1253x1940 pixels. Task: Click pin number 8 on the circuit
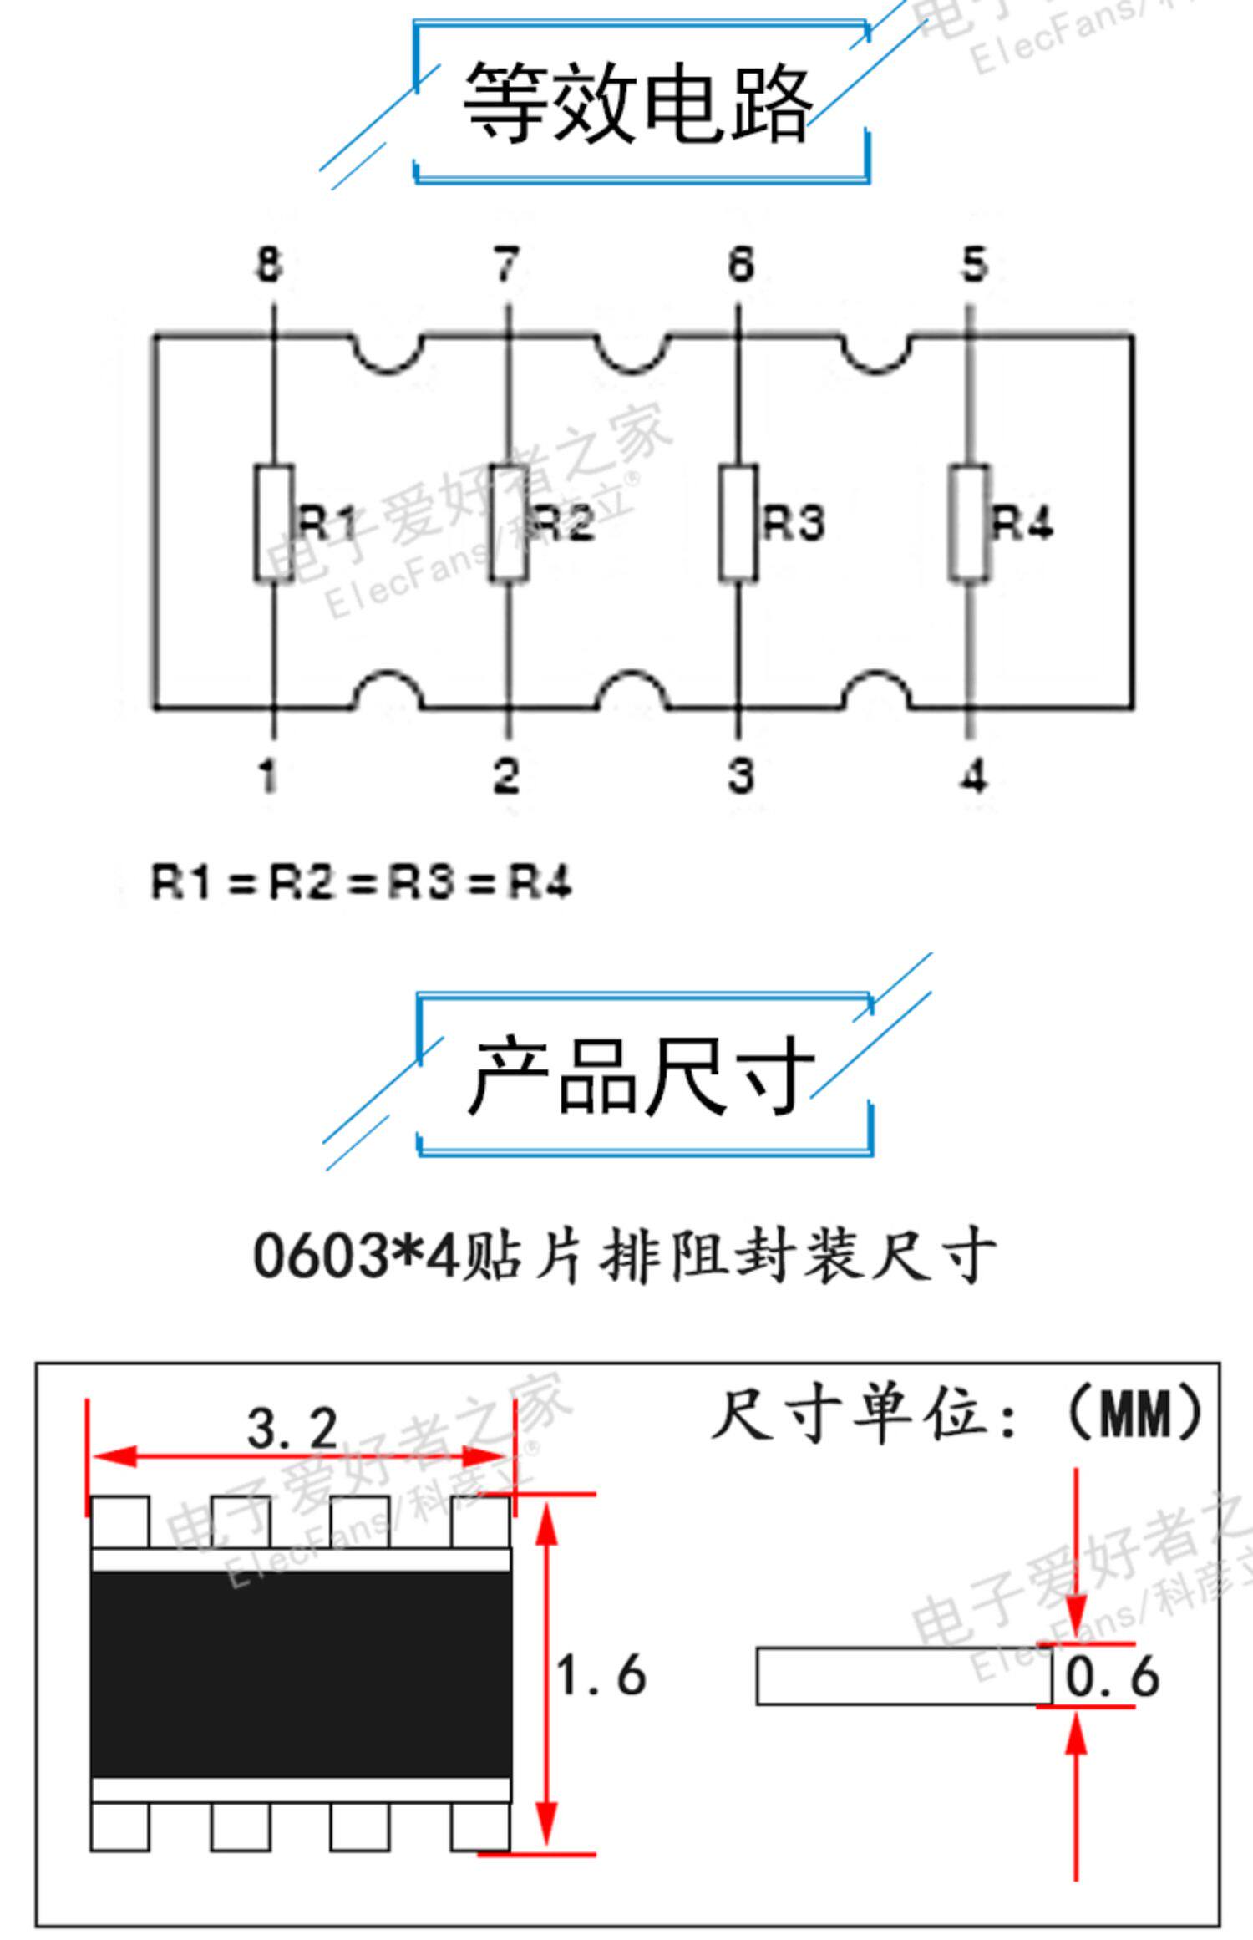pyautogui.click(x=268, y=264)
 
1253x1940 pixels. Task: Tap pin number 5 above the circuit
pyautogui.click(x=974, y=264)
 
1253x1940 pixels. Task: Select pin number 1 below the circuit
pyautogui.click(x=267, y=775)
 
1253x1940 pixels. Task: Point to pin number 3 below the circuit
pyautogui.click(x=741, y=775)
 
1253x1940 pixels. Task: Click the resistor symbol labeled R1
pyautogui.click(x=274, y=522)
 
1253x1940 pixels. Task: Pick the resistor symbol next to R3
pyautogui.click(x=738, y=522)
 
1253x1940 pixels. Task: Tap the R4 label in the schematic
pyautogui.click(x=1022, y=523)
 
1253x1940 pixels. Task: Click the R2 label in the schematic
pyautogui.click(x=563, y=523)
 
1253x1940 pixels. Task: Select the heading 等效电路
pyautogui.click(x=639, y=102)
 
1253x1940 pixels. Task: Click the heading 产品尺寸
pyautogui.click(x=641, y=1075)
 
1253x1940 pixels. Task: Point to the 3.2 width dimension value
pyautogui.click(x=292, y=1428)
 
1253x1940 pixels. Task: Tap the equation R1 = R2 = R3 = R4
pyautogui.click(x=361, y=882)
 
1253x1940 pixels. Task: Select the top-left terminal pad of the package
pyautogui.click(x=120, y=1521)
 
